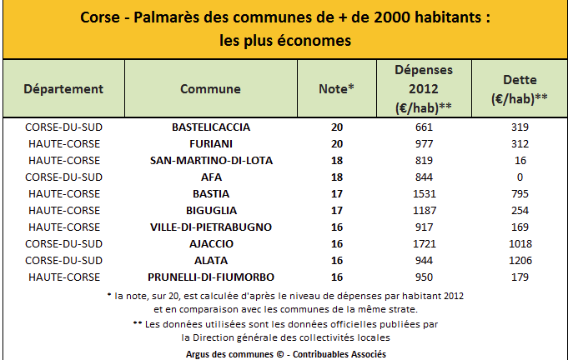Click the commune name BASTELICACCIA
click(210, 127)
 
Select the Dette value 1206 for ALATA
click(520, 260)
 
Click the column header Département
click(63, 89)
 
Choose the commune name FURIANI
click(210, 144)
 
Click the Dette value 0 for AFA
click(520, 177)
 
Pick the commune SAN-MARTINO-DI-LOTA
click(210, 161)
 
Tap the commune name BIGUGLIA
click(210, 210)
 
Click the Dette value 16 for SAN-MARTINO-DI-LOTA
click(520, 161)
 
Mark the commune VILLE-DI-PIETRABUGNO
click(210, 227)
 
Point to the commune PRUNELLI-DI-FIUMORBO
click(210, 277)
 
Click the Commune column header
click(210, 89)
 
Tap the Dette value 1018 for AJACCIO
click(520, 243)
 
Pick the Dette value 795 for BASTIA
click(520, 193)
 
